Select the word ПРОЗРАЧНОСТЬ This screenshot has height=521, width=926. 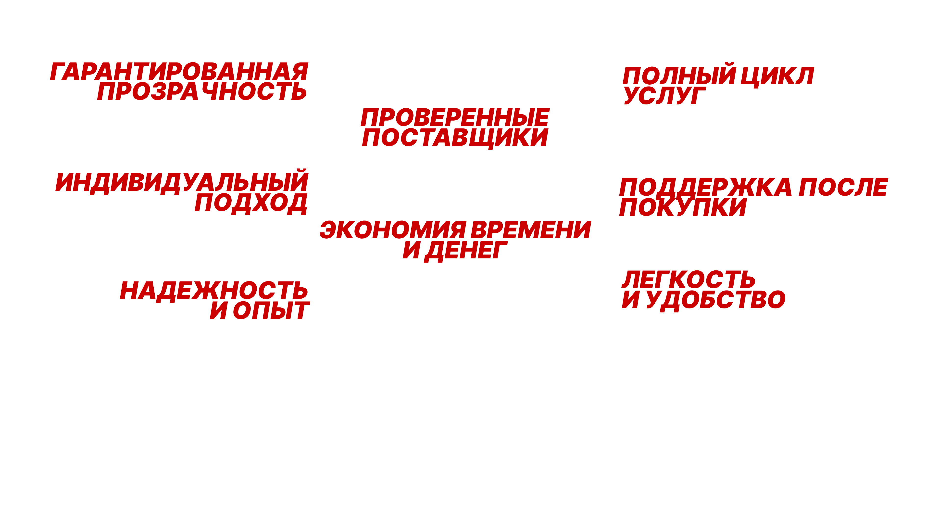pos(202,91)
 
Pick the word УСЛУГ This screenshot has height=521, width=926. pos(664,96)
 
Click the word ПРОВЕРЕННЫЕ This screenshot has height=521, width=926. pos(455,118)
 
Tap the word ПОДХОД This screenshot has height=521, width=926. pos(251,203)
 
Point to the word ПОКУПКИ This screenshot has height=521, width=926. pos(683,207)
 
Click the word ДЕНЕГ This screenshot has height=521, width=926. pos(466,250)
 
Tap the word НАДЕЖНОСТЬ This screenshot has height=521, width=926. pos(214,291)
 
